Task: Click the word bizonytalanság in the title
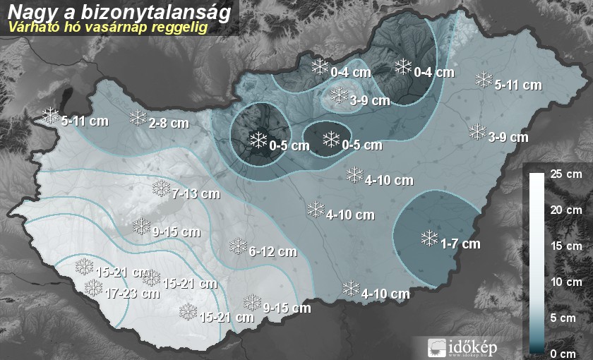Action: click(167, 12)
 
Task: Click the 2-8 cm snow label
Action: click(169, 123)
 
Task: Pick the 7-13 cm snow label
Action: click(194, 193)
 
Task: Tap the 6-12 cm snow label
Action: click(273, 251)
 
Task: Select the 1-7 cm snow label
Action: click(460, 244)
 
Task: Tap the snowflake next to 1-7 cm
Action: click(429, 239)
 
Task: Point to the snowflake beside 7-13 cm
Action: click(162, 188)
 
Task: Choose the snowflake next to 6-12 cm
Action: click(238, 246)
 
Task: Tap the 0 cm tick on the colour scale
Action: click(565, 353)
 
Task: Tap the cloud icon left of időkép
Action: click(437, 347)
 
